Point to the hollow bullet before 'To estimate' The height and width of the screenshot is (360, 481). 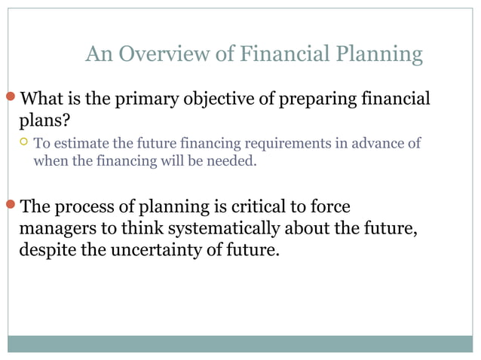pyautogui.click(x=23, y=142)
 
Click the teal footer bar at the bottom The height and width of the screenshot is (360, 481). pyautogui.click(x=240, y=343)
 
